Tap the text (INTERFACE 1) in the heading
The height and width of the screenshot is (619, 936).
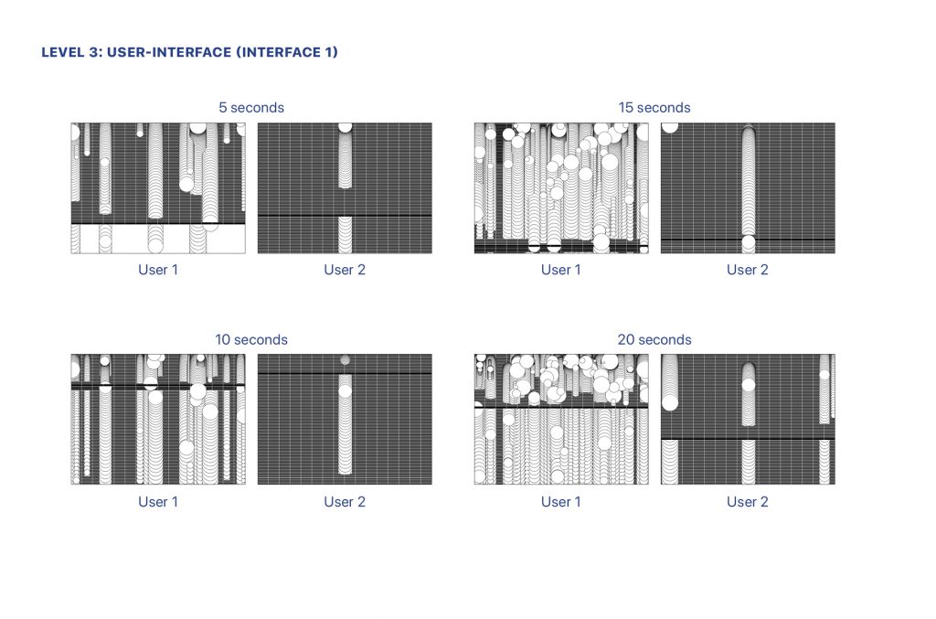tap(287, 52)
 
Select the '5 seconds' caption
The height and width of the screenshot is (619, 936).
tap(251, 108)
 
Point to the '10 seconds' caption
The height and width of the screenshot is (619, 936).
tap(251, 339)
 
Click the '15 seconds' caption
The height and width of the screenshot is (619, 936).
tap(654, 108)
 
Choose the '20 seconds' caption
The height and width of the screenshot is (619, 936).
tap(654, 339)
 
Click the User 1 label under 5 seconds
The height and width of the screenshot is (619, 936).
tap(158, 270)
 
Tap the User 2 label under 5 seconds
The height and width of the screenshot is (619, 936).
tap(345, 270)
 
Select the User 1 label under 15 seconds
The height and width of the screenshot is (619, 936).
tap(561, 270)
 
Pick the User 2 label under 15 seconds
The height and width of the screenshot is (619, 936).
tap(748, 270)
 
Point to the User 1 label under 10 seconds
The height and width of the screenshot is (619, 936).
tap(158, 502)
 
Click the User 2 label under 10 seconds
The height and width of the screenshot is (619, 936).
tap(345, 502)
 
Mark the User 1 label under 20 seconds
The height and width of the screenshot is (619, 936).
tap(561, 502)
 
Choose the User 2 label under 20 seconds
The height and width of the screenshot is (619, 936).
tap(748, 502)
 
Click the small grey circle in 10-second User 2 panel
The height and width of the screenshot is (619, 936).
tap(345, 360)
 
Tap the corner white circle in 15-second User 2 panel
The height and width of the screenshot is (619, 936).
tap(669, 126)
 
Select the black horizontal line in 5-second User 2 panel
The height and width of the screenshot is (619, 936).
tap(345, 216)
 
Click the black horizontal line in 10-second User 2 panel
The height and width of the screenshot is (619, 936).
tap(345, 374)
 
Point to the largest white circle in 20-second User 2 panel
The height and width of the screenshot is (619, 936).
tap(670, 402)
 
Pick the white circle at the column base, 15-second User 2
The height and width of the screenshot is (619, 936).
tap(748, 243)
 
